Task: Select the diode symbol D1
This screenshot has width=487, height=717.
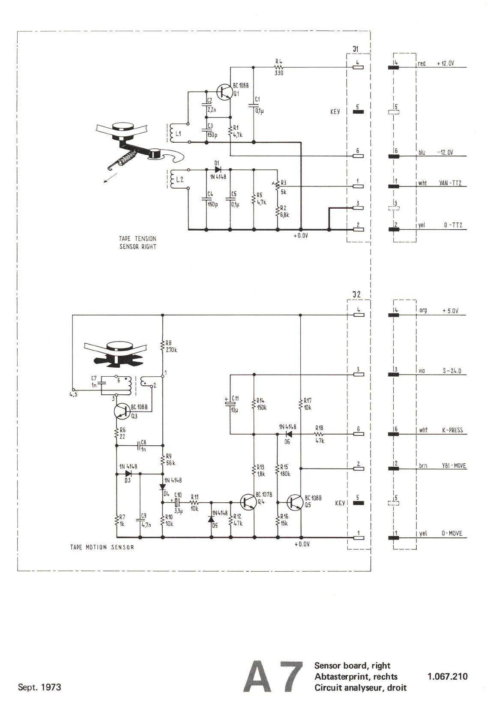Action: click(218, 170)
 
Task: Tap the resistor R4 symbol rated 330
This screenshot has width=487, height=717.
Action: click(279, 67)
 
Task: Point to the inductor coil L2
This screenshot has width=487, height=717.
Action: click(173, 179)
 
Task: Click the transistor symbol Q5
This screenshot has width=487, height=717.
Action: click(295, 502)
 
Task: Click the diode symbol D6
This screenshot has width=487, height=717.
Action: click(289, 434)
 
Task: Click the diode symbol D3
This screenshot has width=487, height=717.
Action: click(128, 474)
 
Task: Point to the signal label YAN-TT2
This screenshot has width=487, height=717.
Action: click(450, 183)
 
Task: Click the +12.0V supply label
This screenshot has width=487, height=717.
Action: click(445, 63)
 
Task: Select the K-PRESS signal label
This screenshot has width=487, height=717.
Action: click(452, 430)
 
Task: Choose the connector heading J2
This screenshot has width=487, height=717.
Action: click(356, 294)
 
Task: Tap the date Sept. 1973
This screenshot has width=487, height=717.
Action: click(39, 687)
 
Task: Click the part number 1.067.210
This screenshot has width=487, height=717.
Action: click(448, 677)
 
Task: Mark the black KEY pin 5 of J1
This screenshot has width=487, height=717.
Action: click(358, 112)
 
